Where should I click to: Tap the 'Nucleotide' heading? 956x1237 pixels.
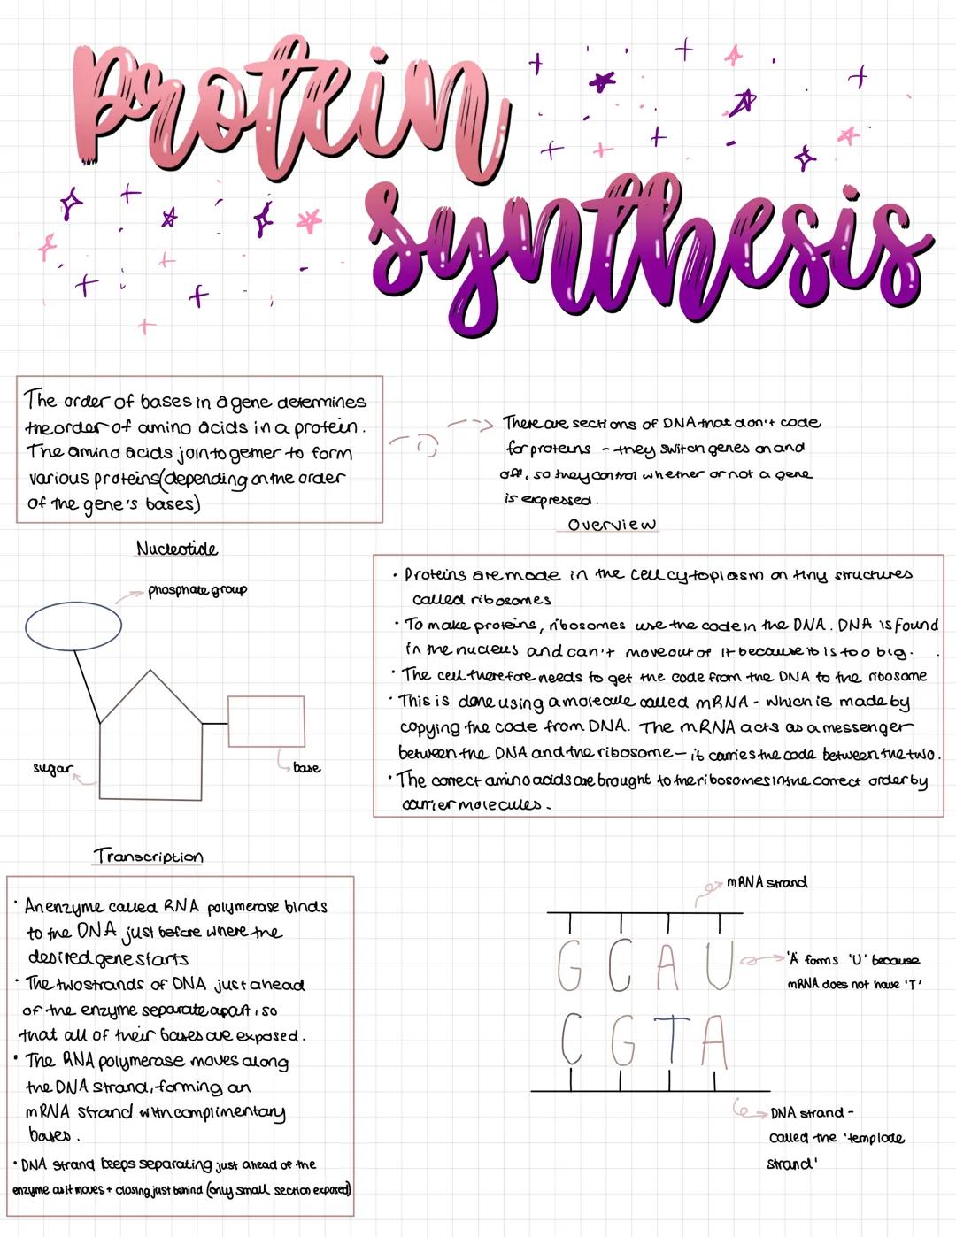click(x=177, y=549)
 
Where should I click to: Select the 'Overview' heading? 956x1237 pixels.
click(x=612, y=525)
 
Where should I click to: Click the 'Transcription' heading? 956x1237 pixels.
click(x=149, y=857)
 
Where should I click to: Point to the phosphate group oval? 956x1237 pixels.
click(x=73, y=626)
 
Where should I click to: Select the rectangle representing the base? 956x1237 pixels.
click(x=266, y=722)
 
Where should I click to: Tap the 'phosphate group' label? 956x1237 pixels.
click(x=197, y=590)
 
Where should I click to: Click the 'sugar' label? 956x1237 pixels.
click(x=52, y=768)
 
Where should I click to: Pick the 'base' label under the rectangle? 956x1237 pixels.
click(x=306, y=768)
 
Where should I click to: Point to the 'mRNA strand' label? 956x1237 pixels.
click(x=767, y=882)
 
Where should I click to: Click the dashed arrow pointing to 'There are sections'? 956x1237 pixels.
click(x=469, y=425)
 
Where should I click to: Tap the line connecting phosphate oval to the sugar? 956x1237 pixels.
click(x=87, y=686)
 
